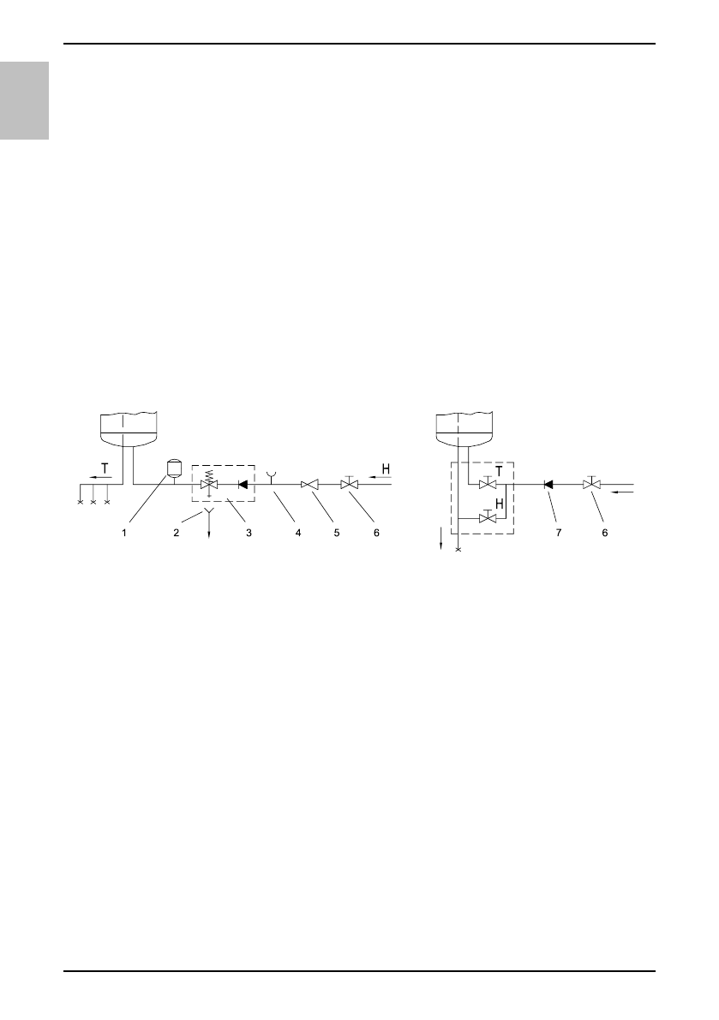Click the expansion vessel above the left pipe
[x=174, y=468]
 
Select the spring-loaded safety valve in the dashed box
[x=208, y=483]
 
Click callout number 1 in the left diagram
[x=124, y=533]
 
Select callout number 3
[x=249, y=533]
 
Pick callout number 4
[x=298, y=533]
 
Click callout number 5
[x=337, y=533]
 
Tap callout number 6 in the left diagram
[x=376, y=533]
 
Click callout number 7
[x=558, y=533]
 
